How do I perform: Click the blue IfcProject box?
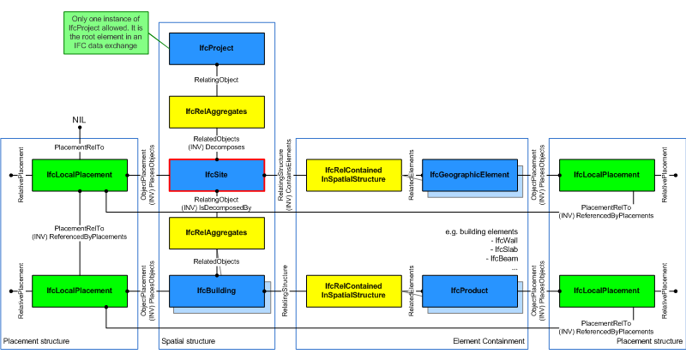(217, 49)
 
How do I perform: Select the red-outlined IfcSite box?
(217, 175)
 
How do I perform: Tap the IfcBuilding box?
(216, 291)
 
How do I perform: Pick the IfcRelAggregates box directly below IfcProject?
(217, 111)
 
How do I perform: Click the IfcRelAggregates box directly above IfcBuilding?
(217, 232)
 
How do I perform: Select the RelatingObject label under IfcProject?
(217, 80)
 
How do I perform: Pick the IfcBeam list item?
(503, 258)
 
